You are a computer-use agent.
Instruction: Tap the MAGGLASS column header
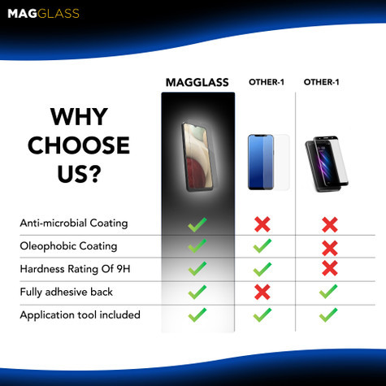(x=197, y=82)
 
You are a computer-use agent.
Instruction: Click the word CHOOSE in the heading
(x=78, y=145)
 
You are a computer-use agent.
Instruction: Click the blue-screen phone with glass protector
(x=267, y=161)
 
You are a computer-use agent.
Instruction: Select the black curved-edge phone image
(x=328, y=163)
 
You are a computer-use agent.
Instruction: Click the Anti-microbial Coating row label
(x=73, y=223)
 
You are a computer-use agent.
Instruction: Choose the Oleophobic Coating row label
(x=68, y=245)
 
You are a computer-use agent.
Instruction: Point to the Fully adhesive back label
(x=66, y=291)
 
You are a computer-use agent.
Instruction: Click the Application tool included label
(x=80, y=314)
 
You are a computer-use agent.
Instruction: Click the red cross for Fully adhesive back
(x=262, y=292)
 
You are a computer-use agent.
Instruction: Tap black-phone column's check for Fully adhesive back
(x=328, y=291)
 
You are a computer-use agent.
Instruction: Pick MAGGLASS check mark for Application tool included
(x=197, y=314)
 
